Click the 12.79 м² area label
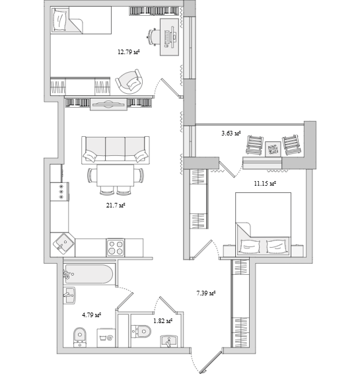[129, 52]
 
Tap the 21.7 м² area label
[116, 205]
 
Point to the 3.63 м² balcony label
[231, 133]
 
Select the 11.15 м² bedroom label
[265, 184]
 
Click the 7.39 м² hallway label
[206, 293]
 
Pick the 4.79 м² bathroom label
[92, 315]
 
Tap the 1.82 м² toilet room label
[163, 321]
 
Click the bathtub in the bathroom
[89, 274]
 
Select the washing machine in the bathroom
[106, 338]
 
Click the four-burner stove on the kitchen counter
[116, 247]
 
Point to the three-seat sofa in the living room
[116, 150]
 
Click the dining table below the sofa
[116, 175]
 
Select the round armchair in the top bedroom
[129, 82]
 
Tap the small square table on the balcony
[273, 149]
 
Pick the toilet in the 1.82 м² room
[141, 331]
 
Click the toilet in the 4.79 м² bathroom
[80, 337]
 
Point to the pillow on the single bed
[59, 20]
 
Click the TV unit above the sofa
[108, 104]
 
